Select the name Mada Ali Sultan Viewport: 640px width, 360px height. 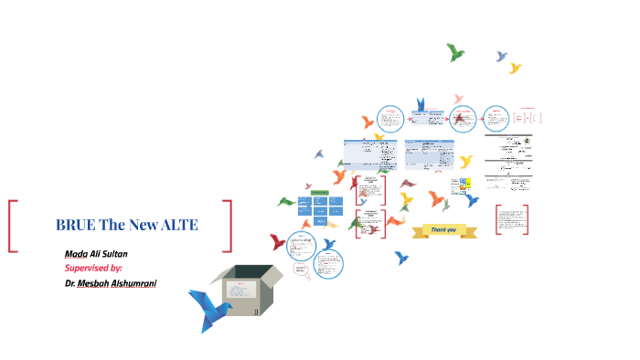(96, 253)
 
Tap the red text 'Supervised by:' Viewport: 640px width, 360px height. (93, 268)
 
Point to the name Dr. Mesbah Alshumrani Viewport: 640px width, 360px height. (111, 283)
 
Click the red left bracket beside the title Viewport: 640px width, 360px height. (12, 226)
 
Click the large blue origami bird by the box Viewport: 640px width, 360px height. (208, 307)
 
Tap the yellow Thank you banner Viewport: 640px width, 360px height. (442, 229)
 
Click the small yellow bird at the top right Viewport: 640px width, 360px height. (515, 68)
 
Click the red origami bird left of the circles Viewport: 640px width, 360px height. (278, 242)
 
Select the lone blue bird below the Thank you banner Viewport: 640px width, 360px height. (400, 258)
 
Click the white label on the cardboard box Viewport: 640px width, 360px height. (240, 291)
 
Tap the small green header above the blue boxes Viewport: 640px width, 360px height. (320, 192)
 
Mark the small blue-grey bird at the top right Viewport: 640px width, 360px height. (501, 57)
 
